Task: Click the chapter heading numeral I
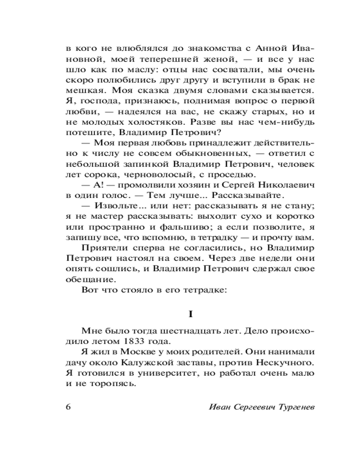(190, 313)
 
